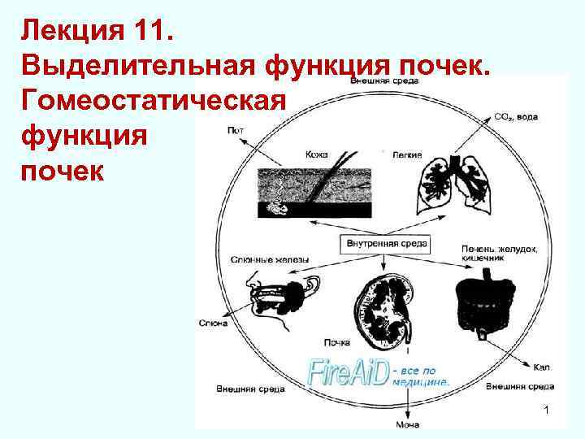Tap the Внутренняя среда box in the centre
click(x=384, y=242)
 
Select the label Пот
click(x=236, y=129)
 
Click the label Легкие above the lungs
click(x=406, y=154)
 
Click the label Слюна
click(x=213, y=323)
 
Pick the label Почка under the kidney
click(x=336, y=342)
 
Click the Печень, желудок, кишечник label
click(x=498, y=252)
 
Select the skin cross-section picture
click(x=314, y=192)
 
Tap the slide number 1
click(x=547, y=412)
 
